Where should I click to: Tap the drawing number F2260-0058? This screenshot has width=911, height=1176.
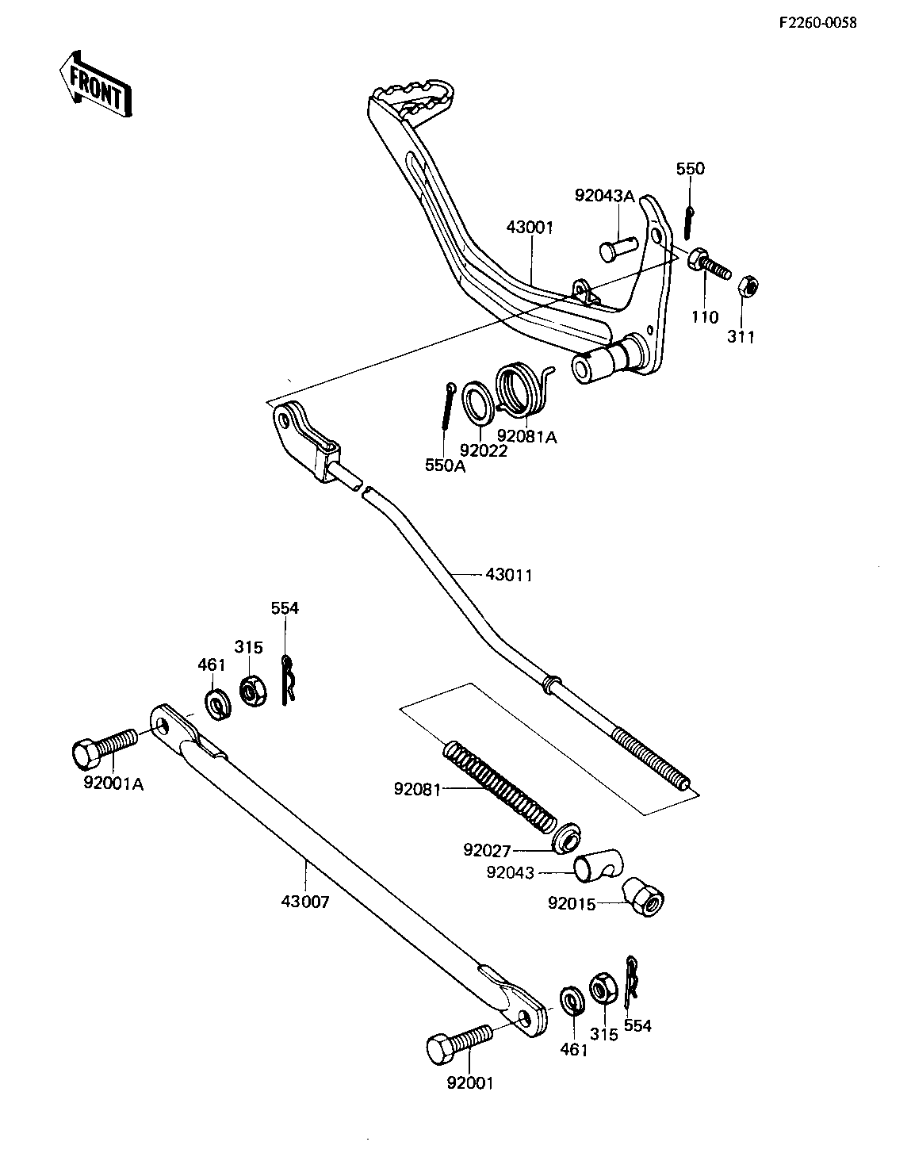coord(817,22)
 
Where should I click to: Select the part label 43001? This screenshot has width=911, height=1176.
coord(529,227)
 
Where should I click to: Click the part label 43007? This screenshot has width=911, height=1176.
coord(304,902)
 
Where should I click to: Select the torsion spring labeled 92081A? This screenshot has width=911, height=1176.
coord(524,388)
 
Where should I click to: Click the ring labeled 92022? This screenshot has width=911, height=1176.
coord(477,400)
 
